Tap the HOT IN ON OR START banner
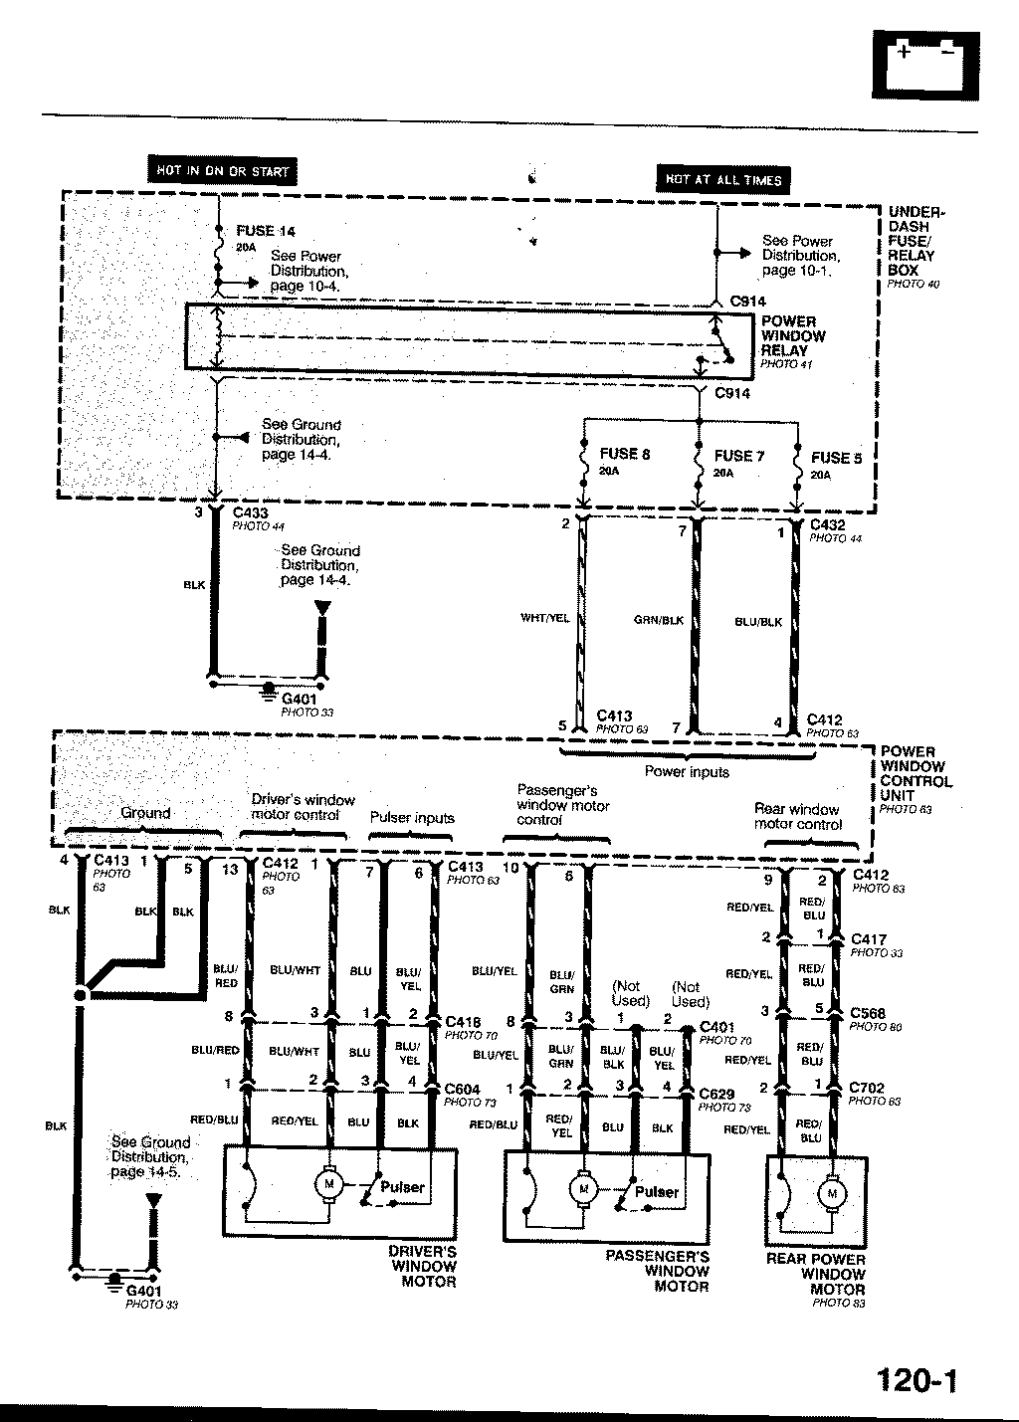pyautogui.click(x=221, y=171)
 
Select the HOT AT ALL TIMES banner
pyautogui.click(x=723, y=180)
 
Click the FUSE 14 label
pyautogui.click(x=266, y=231)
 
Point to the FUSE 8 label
pyautogui.click(x=625, y=455)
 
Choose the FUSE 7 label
pyautogui.click(x=739, y=456)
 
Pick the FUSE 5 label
pyautogui.click(x=836, y=458)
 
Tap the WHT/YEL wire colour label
pyautogui.click(x=545, y=618)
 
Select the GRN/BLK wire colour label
pyautogui.click(x=659, y=619)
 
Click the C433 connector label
pyautogui.click(x=250, y=513)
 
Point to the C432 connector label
pyautogui.click(x=827, y=524)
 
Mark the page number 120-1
pyautogui.click(x=917, y=1380)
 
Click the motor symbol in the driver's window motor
pyautogui.click(x=327, y=1183)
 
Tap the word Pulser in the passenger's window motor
pyautogui.click(x=657, y=1191)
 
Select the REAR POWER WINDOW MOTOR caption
pyautogui.click(x=816, y=1274)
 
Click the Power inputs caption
pyautogui.click(x=687, y=771)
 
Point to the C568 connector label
pyautogui.click(x=867, y=1014)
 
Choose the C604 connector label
pyautogui.click(x=463, y=1090)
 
